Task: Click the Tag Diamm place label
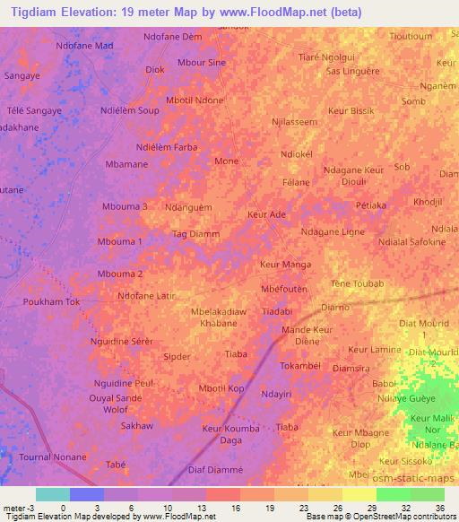195,234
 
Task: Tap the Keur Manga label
285,265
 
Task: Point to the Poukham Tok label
51,302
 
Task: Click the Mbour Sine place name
202,63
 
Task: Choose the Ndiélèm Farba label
166,146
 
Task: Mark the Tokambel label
299,366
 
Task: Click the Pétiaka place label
371,205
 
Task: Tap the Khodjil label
429,202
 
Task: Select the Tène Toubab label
358,283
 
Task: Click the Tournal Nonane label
53,457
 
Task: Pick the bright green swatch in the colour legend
394,493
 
